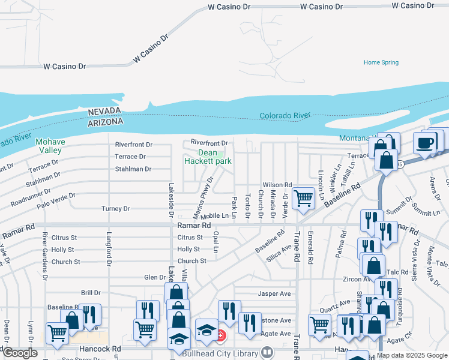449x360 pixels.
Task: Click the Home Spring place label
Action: point(381,62)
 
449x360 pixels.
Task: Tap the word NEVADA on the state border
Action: point(105,112)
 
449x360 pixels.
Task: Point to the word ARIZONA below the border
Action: point(105,121)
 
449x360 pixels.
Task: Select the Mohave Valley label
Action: point(49,146)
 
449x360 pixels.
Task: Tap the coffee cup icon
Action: point(426,144)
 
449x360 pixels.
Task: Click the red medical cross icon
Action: point(221,335)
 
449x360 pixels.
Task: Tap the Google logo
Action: point(20,353)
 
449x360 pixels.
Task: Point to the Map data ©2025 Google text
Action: point(412,355)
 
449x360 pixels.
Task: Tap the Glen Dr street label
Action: point(155,277)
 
